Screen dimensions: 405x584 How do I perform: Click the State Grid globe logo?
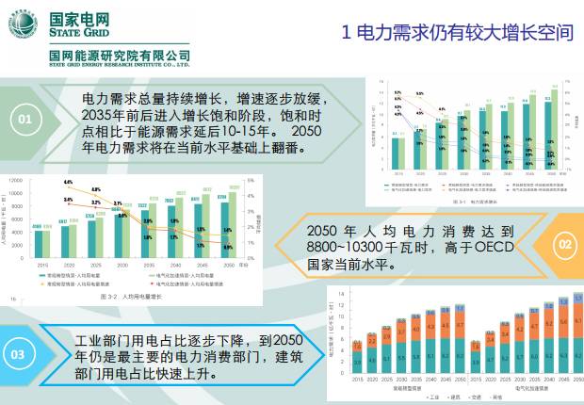25,24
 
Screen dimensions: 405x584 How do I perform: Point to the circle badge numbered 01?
24,119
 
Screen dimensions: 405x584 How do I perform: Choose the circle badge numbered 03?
19,354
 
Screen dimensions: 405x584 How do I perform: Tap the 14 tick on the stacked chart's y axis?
341,295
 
